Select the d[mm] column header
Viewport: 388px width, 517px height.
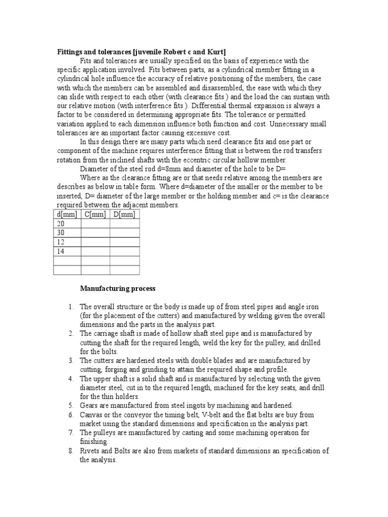pyautogui.click(x=67, y=215)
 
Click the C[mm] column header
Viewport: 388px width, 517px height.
pyautogui.click(x=95, y=215)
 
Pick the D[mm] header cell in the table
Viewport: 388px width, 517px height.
pyautogui.click(x=124, y=215)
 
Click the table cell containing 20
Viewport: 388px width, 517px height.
pyautogui.click(x=67, y=224)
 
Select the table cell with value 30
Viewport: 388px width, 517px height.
pyautogui.click(x=67, y=233)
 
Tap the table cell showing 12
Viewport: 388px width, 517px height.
pyautogui.click(x=67, y=242)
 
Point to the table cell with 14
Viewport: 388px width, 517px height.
pyautogui.click(x=67, y=251)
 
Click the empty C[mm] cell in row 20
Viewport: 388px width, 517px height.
pyautogui.click(x=95, y=224)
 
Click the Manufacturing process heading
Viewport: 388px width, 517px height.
pyautogui.click(x=118, y=289)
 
